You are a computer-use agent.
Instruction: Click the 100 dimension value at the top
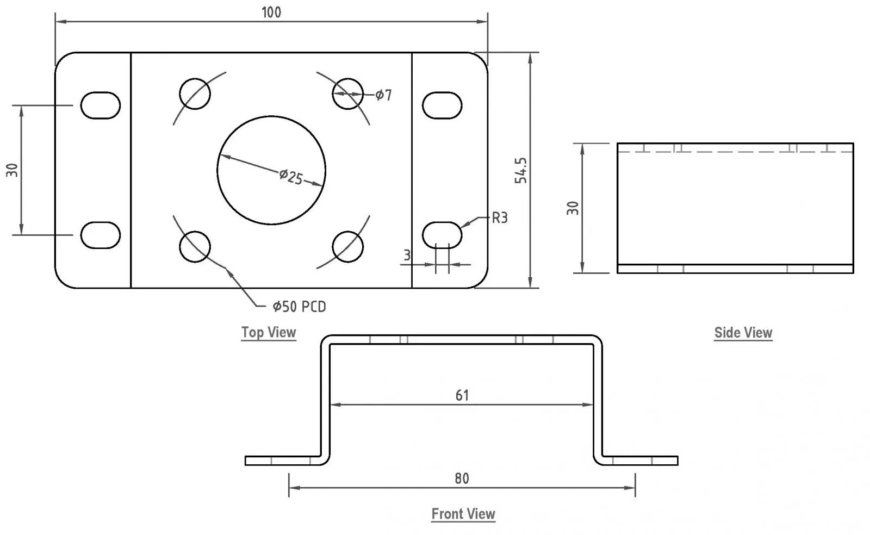pos(271,13)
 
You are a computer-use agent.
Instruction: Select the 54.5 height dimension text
pos(521,170)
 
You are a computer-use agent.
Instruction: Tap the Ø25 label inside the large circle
pos(291,177)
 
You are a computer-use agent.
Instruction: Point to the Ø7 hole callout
pos(383,95)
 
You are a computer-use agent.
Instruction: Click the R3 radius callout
pos(499,219)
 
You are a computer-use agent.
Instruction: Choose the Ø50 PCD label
pos(300,307)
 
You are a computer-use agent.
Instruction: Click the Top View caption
pos(269,332)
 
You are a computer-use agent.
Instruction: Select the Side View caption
pos(743,333)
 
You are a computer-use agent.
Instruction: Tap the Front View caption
pos(463,514)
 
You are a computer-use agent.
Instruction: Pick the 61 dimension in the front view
pos(462,395)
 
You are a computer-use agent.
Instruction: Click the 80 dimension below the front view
pos(462,478)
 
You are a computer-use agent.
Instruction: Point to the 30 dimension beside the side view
pos(573,208)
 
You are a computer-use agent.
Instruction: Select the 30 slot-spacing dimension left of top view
pos(13,170)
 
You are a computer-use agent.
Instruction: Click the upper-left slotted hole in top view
pos(101,105)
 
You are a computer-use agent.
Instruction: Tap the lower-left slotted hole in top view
pos(101,235)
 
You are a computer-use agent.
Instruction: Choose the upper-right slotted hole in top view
pos(442,105)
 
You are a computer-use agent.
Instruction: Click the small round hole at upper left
pos(195,94)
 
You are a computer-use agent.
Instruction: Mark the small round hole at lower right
pos(347,246)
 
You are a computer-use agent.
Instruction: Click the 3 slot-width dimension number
pos(407,255)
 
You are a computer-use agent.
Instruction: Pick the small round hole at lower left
pos(195,246)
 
